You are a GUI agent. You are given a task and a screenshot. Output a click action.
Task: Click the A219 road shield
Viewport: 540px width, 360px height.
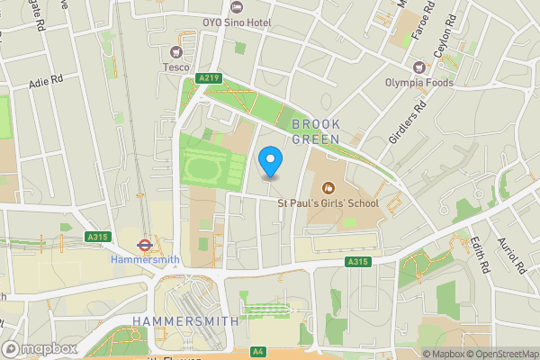click(210, 79)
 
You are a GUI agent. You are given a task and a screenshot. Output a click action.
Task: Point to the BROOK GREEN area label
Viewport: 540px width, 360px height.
click(315, 131)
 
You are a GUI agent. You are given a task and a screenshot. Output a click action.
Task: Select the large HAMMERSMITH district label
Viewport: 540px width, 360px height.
click(184, 320)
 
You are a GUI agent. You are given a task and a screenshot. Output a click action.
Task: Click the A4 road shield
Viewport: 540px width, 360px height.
click(259, 350)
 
